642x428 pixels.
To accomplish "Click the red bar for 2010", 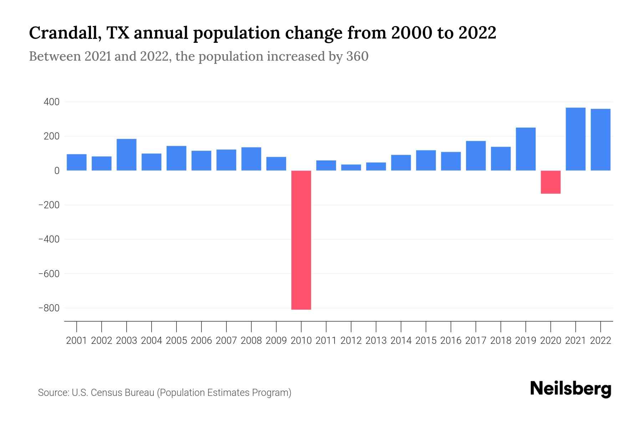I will coord(301,240).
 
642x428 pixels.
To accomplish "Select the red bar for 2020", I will coord(550,182).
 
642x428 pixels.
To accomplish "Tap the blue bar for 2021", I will coord(575,139).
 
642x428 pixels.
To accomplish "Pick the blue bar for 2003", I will coord(127,154).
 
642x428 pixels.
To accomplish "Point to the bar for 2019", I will coord(525,149).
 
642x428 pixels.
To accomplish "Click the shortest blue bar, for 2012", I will coord(351,167).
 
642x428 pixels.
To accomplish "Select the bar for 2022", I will coord(600,139).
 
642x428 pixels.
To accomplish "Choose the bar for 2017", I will coord(475,156).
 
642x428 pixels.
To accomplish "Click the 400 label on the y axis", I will coord(51,102).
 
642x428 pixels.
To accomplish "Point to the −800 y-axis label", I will coord(49,308).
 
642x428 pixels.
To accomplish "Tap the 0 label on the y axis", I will coord(56,171).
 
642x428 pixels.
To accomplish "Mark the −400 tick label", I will coord(49,239).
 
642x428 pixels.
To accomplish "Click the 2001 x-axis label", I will coord(76,341).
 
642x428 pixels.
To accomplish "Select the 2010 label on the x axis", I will coord(301,341).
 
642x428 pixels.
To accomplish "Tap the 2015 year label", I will coord(426,341).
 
